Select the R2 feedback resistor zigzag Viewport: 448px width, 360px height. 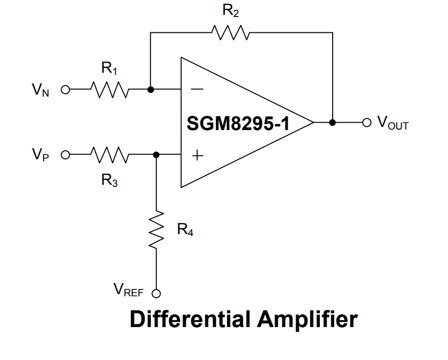click(x=230, y=32)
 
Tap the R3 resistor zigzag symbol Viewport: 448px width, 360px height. click(x=109, y=155)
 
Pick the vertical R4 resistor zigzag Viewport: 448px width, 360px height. click(x=156, y=230)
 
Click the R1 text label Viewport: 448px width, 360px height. click(x=109, y=68)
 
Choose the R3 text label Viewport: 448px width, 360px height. click(x=109, y=180)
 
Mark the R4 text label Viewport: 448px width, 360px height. click(x=184, y=230)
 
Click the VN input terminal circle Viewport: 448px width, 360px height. click(x=65, y=90)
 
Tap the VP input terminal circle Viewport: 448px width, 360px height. click(x=65, y=155)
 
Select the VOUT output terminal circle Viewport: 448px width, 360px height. click(x=366, y=122)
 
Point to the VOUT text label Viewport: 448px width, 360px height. click(x=393, y=123)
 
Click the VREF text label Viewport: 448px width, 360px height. click(x=129, y=290)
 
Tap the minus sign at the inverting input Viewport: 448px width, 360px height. click(x=197, y=90)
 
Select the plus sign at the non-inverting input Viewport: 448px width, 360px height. click(x=197, y=156)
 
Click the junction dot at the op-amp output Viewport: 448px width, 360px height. click(x=333, y=122)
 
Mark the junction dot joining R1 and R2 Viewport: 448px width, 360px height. click(x=150, y=90)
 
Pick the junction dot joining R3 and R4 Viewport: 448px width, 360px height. click(x=156, y=155)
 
